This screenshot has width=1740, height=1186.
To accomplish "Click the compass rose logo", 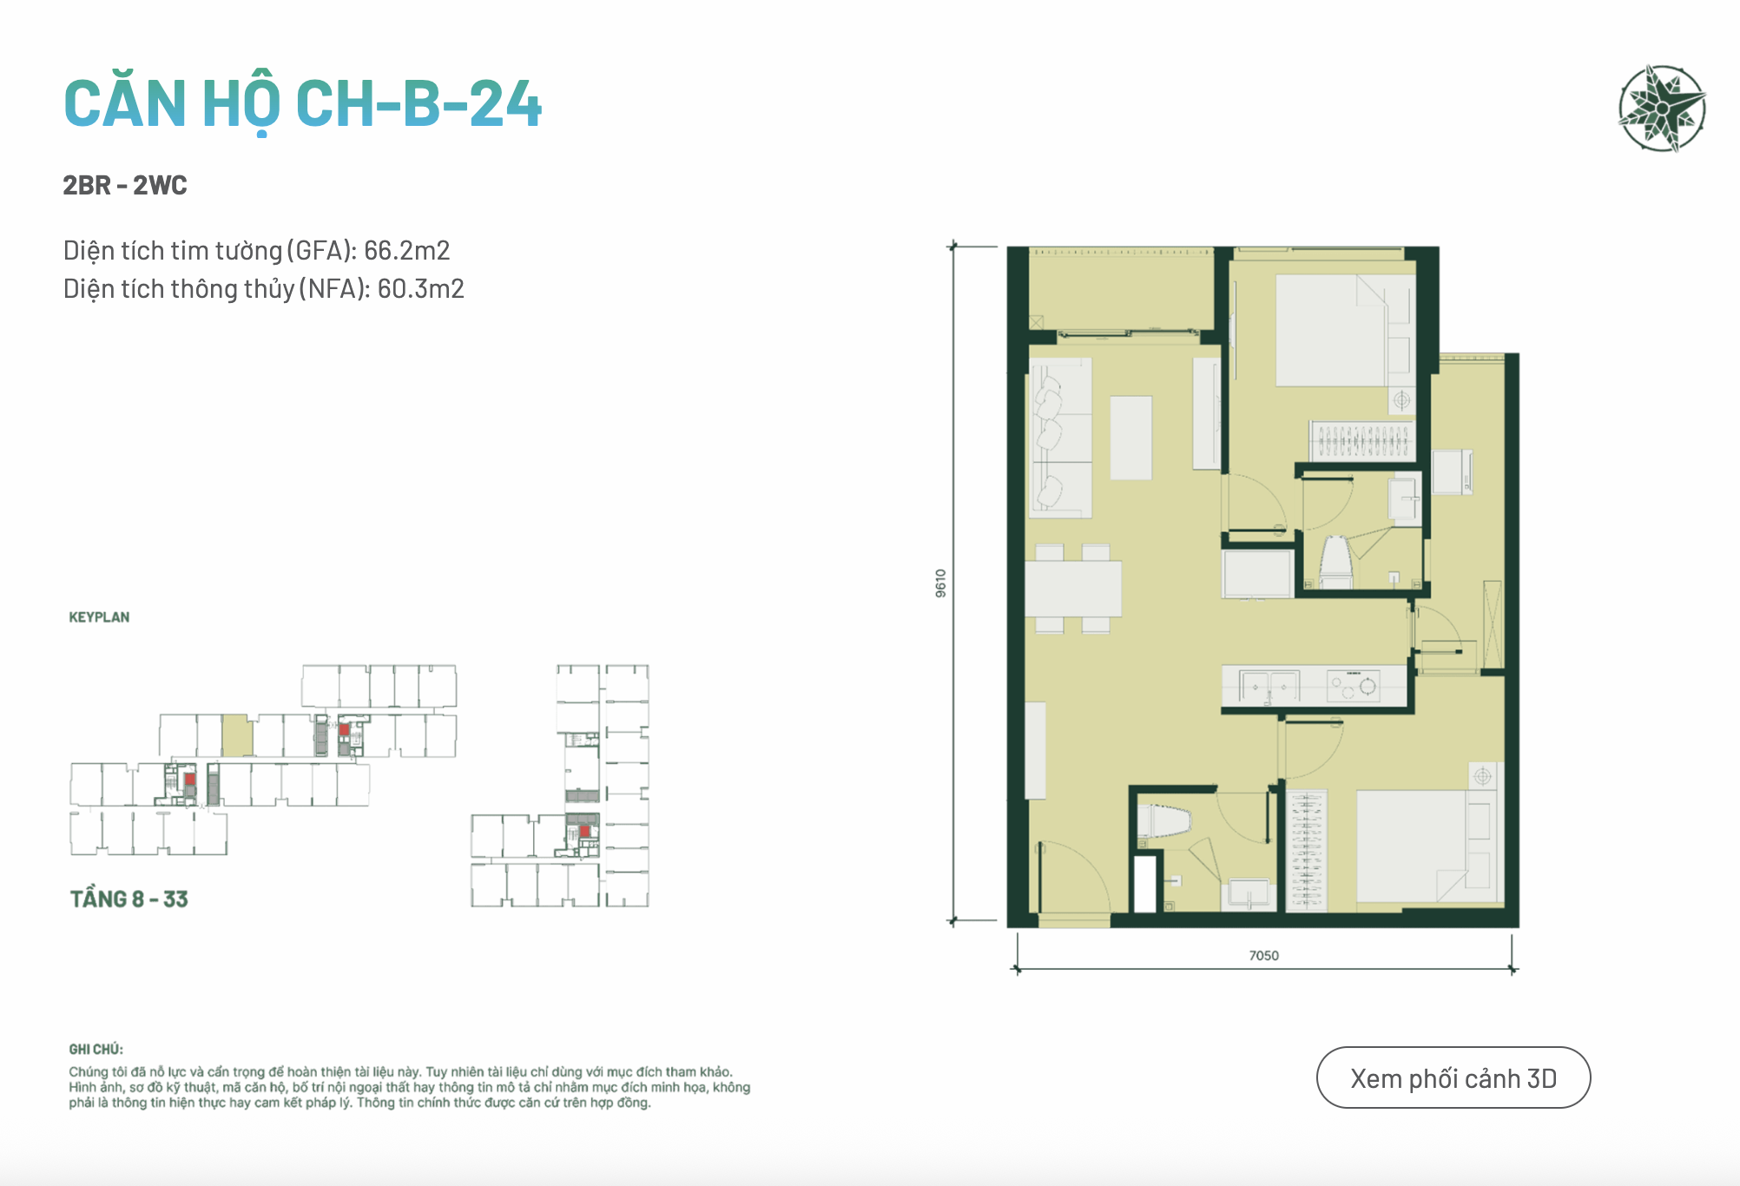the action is tap(1662, 109).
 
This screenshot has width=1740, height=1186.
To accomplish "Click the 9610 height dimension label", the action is tap(941, 583).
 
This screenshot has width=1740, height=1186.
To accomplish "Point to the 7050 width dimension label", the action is tap(1263, 955).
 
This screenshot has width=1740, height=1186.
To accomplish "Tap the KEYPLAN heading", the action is tap(99, 617).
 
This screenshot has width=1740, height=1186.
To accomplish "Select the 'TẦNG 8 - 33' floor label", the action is tap(129, 899).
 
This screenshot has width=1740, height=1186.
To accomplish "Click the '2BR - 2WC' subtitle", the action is tap(125, 185).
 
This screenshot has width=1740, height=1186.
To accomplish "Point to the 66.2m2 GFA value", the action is tap(406, 250).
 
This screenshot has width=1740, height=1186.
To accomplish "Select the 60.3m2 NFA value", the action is tap(421, 288).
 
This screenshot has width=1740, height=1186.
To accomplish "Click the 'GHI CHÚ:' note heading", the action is tap(96, 1049).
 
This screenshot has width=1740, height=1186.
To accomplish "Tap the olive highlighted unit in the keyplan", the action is tap(237, 735).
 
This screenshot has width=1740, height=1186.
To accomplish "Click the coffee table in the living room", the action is tap(1130, 438).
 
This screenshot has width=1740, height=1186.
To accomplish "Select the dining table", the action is tap(1073, 589).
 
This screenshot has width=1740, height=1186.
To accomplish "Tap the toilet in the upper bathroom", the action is tap(1336, 563).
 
